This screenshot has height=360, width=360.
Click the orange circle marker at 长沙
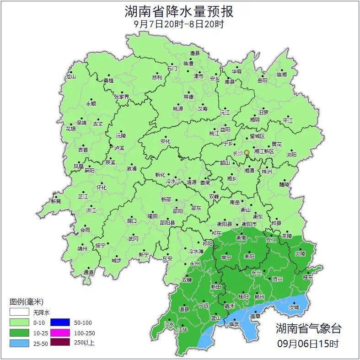247,152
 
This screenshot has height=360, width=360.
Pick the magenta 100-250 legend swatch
60,332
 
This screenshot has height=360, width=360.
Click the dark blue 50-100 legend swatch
60,322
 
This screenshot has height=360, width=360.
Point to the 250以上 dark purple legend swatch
60,342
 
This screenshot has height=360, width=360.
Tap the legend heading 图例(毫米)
26,302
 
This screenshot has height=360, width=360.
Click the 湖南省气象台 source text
308,328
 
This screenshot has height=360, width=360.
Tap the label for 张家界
122,97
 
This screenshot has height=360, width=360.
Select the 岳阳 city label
262,81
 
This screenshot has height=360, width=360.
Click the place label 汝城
294,307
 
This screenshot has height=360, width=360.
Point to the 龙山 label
70,77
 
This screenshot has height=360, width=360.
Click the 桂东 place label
308,277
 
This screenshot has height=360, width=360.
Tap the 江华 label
183,330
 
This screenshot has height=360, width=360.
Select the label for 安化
165,141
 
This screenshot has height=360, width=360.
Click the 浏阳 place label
291,155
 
